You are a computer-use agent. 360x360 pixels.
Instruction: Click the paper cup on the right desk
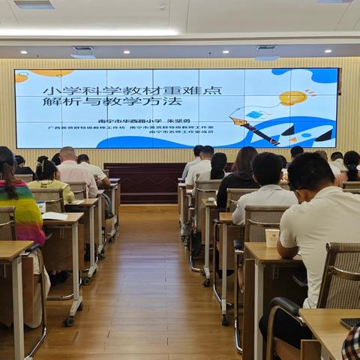click(x=271, y=237)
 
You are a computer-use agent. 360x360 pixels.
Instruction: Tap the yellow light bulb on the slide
click(x=292, y=98)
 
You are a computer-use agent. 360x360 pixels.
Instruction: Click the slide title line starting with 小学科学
click(x=132, y=90)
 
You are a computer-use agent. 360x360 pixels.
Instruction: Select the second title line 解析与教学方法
click(x=112, y=100)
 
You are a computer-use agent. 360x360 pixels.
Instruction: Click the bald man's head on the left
click(x=67, y=154)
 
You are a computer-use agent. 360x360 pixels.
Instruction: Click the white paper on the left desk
click(x=55, y=216)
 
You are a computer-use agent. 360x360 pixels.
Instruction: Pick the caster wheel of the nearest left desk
click(x=69, y=321)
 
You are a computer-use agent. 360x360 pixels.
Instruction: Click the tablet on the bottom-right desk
click(x=349, y=322)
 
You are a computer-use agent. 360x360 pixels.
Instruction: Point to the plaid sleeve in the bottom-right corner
click(x=351, y=343)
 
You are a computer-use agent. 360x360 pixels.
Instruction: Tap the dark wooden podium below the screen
click(x=142, y=183)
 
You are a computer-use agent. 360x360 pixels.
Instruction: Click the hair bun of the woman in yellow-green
click(x=42, y=160)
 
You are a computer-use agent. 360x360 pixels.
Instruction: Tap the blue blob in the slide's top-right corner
click(x=323, y=76)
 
